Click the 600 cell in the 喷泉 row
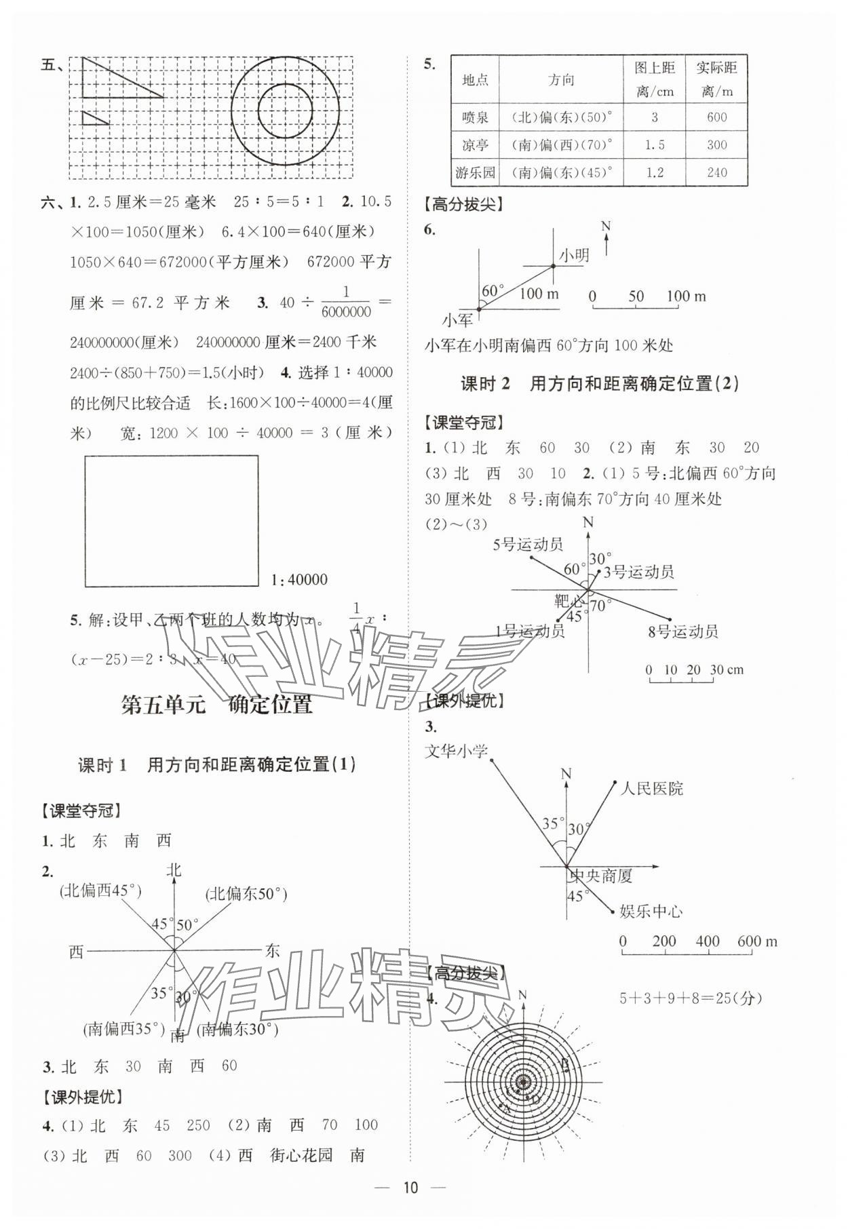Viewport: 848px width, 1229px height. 716,117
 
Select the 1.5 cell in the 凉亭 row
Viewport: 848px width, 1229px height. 654,145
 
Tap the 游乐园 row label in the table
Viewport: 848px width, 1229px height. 475,172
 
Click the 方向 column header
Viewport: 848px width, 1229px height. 561,80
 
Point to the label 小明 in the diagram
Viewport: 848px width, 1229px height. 574,255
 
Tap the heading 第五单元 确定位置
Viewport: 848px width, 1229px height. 216,704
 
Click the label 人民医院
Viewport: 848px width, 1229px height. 652,788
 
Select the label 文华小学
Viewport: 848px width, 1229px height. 456,752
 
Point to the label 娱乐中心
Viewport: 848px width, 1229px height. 651,911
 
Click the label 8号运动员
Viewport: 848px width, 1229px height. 682,632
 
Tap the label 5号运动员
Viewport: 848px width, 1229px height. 528,544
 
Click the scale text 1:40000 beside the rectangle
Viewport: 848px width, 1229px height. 298,580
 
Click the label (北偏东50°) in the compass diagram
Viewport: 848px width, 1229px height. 246,894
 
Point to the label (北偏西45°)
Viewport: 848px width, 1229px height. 100,891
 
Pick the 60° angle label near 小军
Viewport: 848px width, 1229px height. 492,291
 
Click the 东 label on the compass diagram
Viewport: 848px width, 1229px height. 272,951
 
